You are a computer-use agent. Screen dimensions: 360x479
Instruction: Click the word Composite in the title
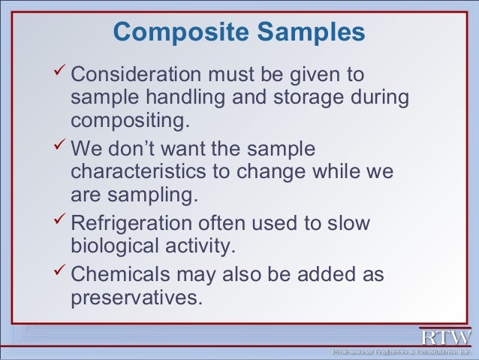(x=176, y=32)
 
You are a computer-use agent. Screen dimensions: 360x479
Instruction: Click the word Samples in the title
(x=308, y=32)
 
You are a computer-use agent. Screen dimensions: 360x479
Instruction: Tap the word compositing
(x=128, y=120)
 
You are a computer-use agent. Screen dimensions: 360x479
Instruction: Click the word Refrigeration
(x=131, y=224)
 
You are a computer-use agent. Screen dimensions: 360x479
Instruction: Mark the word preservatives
(x=136, y=297)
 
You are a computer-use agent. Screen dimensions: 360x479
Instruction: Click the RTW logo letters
(x=445, y=336)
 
